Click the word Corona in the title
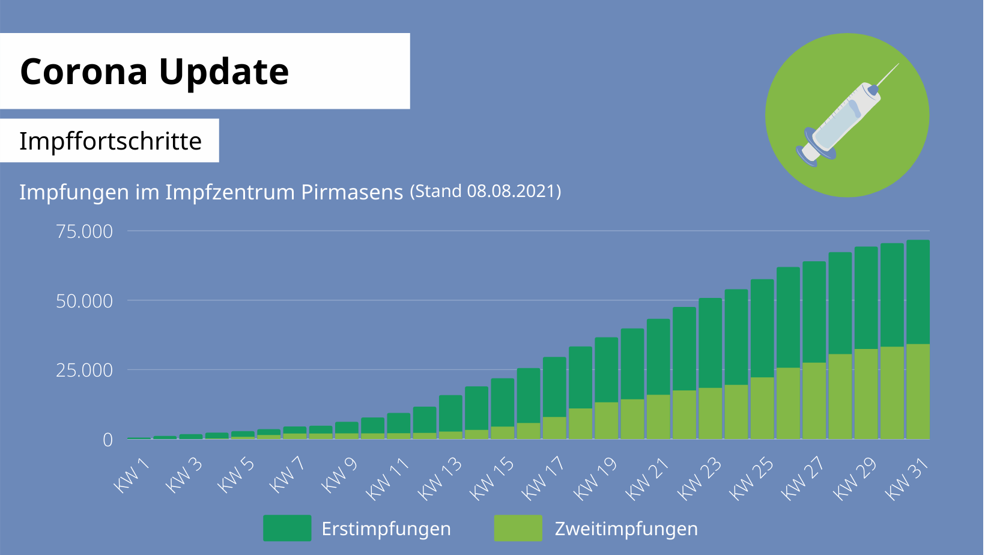pos(83,71)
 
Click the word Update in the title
pos(223,71)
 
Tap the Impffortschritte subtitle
pos(110,141)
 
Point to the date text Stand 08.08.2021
pos(485,191)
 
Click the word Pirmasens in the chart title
pos(352,192)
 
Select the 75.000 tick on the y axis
pos(84,231)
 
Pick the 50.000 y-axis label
pos(84,301)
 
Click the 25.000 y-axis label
pos(84,370)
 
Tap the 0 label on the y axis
pos(108,440)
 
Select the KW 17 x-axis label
pos(543,478)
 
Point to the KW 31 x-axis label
pos(907,478)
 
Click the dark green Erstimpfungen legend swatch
pos(287,528)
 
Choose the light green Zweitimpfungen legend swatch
pos(518,528)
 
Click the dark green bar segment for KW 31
pos(918,291)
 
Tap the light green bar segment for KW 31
pos(918,391)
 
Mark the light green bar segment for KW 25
pos(762,408)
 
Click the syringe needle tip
pos(898,64)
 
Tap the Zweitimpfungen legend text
pos(626,529)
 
